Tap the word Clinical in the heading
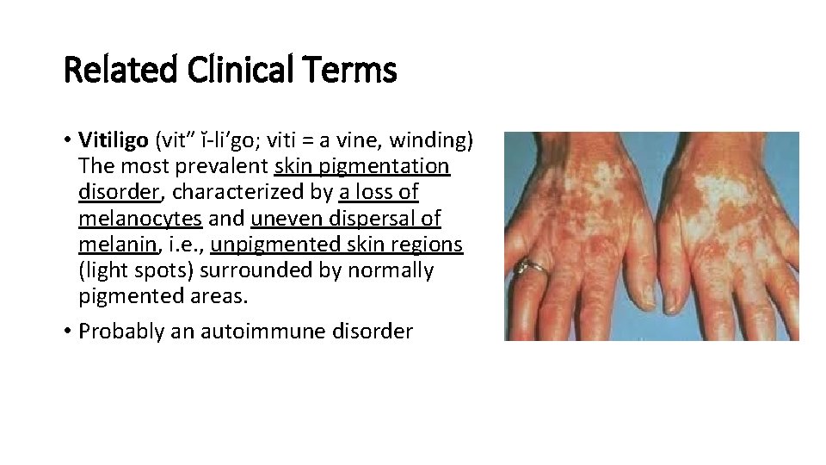pyautogui.click(x=228, y=70)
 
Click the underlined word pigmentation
pyautogui.click(x=396, y=165)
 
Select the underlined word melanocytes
pyautogui.click(x=139, y=219)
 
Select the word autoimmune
pyautogui.click(x=270, y=332)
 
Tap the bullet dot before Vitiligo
pyautogui.click(x=67, y=139)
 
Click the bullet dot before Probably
pyautogui.click(x=67, y=332)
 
